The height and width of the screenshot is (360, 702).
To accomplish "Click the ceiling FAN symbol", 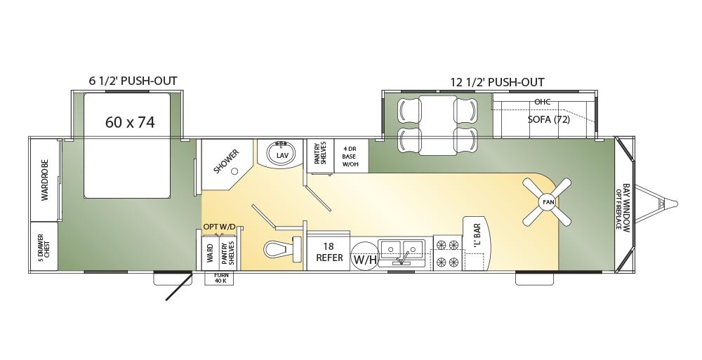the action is (548, 202).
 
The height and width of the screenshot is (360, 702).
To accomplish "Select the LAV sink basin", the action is (282, 154).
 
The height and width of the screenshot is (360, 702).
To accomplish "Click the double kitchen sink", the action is (402, 253).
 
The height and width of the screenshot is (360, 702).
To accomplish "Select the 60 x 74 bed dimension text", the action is (130, 122).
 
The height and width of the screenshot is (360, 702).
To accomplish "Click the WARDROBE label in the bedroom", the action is (45, 180).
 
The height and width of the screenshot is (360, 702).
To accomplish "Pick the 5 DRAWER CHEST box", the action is (44, 246).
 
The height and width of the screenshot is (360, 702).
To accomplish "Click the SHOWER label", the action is (227, 161).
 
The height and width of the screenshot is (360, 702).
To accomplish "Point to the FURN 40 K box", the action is (219, 278).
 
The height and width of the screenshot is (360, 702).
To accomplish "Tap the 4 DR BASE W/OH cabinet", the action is (352, 156).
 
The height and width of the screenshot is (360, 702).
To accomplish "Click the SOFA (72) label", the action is (548, 119).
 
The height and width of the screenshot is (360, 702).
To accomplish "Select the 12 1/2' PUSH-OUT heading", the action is (498, 82).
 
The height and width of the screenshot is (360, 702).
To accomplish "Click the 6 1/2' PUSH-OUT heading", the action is (133, 81).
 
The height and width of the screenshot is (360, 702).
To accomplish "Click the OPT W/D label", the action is (219, 227).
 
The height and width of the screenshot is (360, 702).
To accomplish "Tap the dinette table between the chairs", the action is (437, 126).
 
